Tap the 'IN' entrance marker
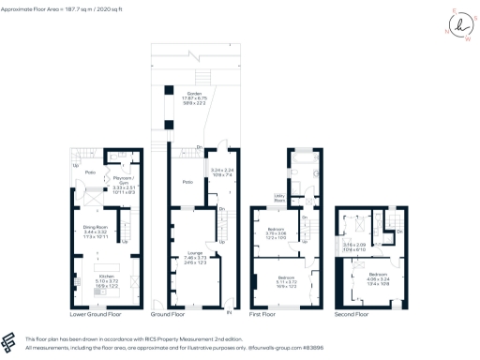click(x=230, y=310)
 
